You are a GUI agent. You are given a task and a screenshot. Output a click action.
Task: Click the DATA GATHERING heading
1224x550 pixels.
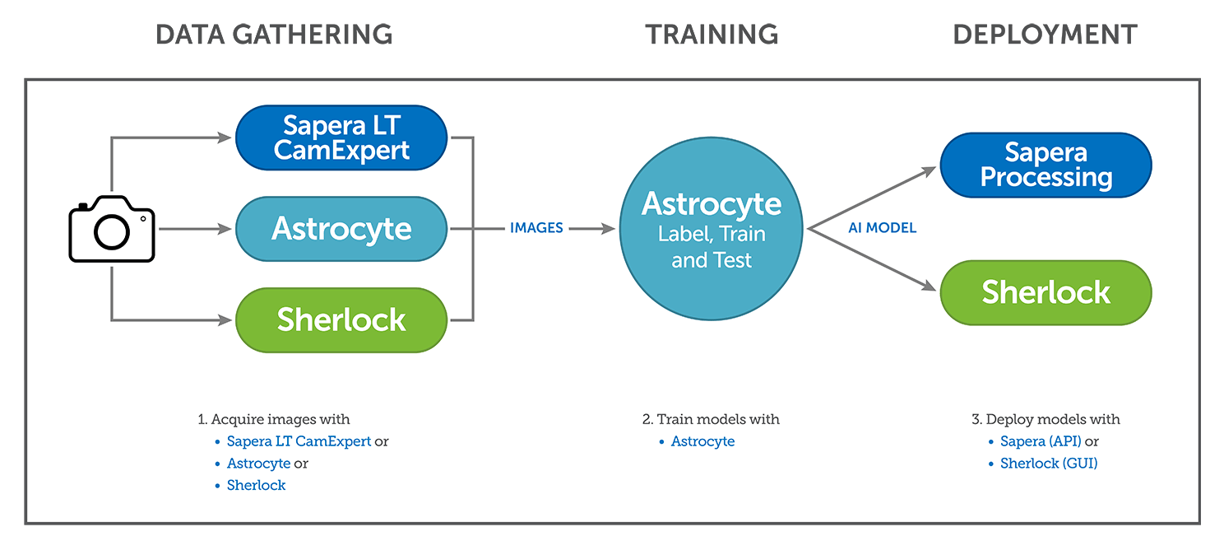point(274,35)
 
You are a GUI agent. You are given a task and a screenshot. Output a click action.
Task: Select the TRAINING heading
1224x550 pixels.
point(712,35)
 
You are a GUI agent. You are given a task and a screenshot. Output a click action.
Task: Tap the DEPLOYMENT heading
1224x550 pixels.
point(1045,35)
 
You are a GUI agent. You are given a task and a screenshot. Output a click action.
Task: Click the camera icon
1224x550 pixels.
point(112,229)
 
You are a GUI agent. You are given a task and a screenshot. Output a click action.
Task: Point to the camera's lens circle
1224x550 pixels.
point(112,233)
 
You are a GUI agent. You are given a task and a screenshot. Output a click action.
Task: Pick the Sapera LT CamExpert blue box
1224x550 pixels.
point(341,137)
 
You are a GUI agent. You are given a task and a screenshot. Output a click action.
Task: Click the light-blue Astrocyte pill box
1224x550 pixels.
point(341,229)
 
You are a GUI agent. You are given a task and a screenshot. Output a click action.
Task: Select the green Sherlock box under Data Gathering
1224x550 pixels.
point(341,320)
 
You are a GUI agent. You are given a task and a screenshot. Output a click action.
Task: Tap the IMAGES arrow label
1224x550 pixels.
point(536,228)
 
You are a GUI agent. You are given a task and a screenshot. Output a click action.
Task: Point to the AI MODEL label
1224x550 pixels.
point(882,228)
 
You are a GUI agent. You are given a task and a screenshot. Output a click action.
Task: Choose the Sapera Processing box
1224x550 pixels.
point(1045,165)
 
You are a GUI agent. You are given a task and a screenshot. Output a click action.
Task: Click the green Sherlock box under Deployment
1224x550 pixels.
point(1045,292)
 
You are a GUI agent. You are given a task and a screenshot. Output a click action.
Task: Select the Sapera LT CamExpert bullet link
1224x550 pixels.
point(299,441)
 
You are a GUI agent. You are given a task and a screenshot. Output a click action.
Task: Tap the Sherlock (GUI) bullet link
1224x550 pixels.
point(1049,464)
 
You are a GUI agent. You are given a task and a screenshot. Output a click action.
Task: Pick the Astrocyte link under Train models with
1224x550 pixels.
point(702,441)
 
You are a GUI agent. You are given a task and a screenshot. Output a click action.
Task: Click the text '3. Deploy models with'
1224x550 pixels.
point(1045,419)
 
